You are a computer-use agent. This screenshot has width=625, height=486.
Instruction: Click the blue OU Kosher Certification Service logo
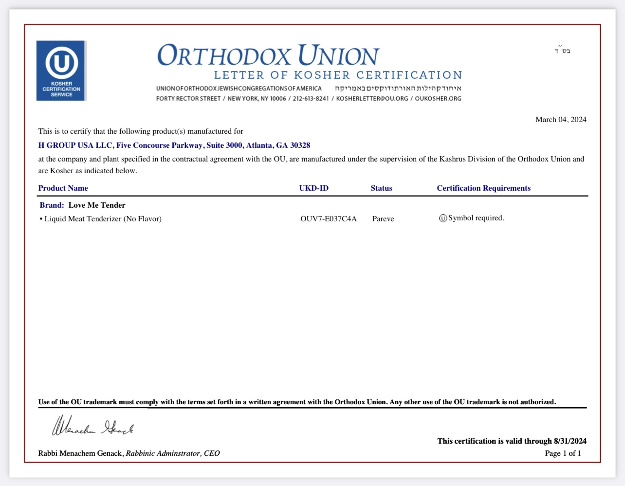coord(61,71)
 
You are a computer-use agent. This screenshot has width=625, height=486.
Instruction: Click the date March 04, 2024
coord(561,120)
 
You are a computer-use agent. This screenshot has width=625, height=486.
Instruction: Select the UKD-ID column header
coord(313,188)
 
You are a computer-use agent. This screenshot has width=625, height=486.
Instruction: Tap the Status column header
coord(381,188)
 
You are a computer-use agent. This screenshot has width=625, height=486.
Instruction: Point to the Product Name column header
coord(63,188)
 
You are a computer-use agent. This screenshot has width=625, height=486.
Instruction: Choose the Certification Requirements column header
coord(483,188)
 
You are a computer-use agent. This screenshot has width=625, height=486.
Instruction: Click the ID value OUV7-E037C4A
coord(329,219)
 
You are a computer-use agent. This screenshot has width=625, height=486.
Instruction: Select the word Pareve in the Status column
coord(383,219)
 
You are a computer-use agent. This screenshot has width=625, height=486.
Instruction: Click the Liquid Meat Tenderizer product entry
coord(103,219)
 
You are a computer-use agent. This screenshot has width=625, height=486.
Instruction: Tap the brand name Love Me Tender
coord(97,205)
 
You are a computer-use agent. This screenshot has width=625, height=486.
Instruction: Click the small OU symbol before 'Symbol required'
coord(443,218)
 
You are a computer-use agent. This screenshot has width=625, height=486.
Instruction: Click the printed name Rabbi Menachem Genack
coord(80,453)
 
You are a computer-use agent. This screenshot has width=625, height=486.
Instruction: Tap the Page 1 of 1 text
coord(563,453)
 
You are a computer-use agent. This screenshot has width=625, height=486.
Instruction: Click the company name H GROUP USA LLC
coord(76,145)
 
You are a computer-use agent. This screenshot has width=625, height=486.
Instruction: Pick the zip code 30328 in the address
coord(300,145)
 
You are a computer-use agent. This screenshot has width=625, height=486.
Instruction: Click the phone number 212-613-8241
coord(311,99)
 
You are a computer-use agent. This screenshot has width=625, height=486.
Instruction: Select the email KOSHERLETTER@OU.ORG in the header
coord(372,99)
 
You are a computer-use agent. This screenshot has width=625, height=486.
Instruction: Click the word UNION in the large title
coord(338,55)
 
